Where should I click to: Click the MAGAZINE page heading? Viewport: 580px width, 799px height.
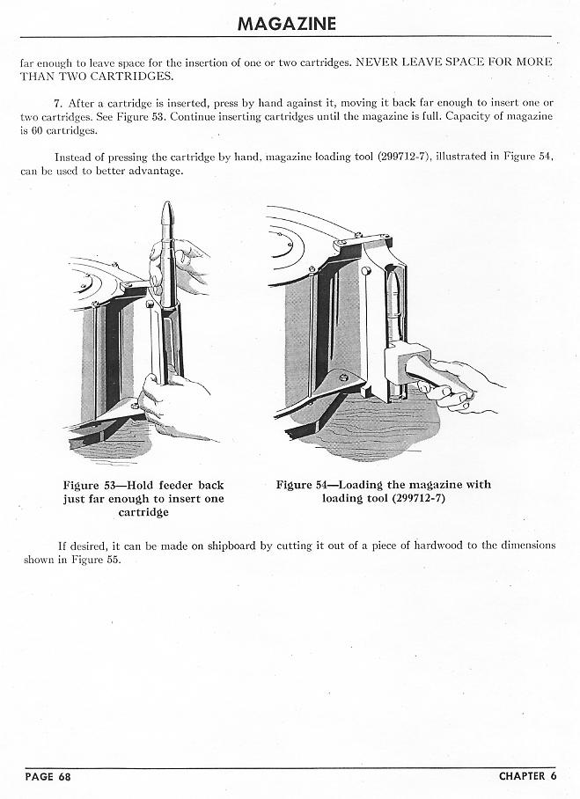point(286,23)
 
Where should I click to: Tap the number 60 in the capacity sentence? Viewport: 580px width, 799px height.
point(39,129)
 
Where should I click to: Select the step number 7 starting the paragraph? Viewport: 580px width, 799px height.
point(58,103)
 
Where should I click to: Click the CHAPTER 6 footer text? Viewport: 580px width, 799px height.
point(527,776)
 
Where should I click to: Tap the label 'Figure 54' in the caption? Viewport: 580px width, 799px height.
point(302,485)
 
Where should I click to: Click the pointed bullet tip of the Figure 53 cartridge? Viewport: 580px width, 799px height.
point(166,212)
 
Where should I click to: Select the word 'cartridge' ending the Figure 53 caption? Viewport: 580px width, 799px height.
point(143,512)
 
